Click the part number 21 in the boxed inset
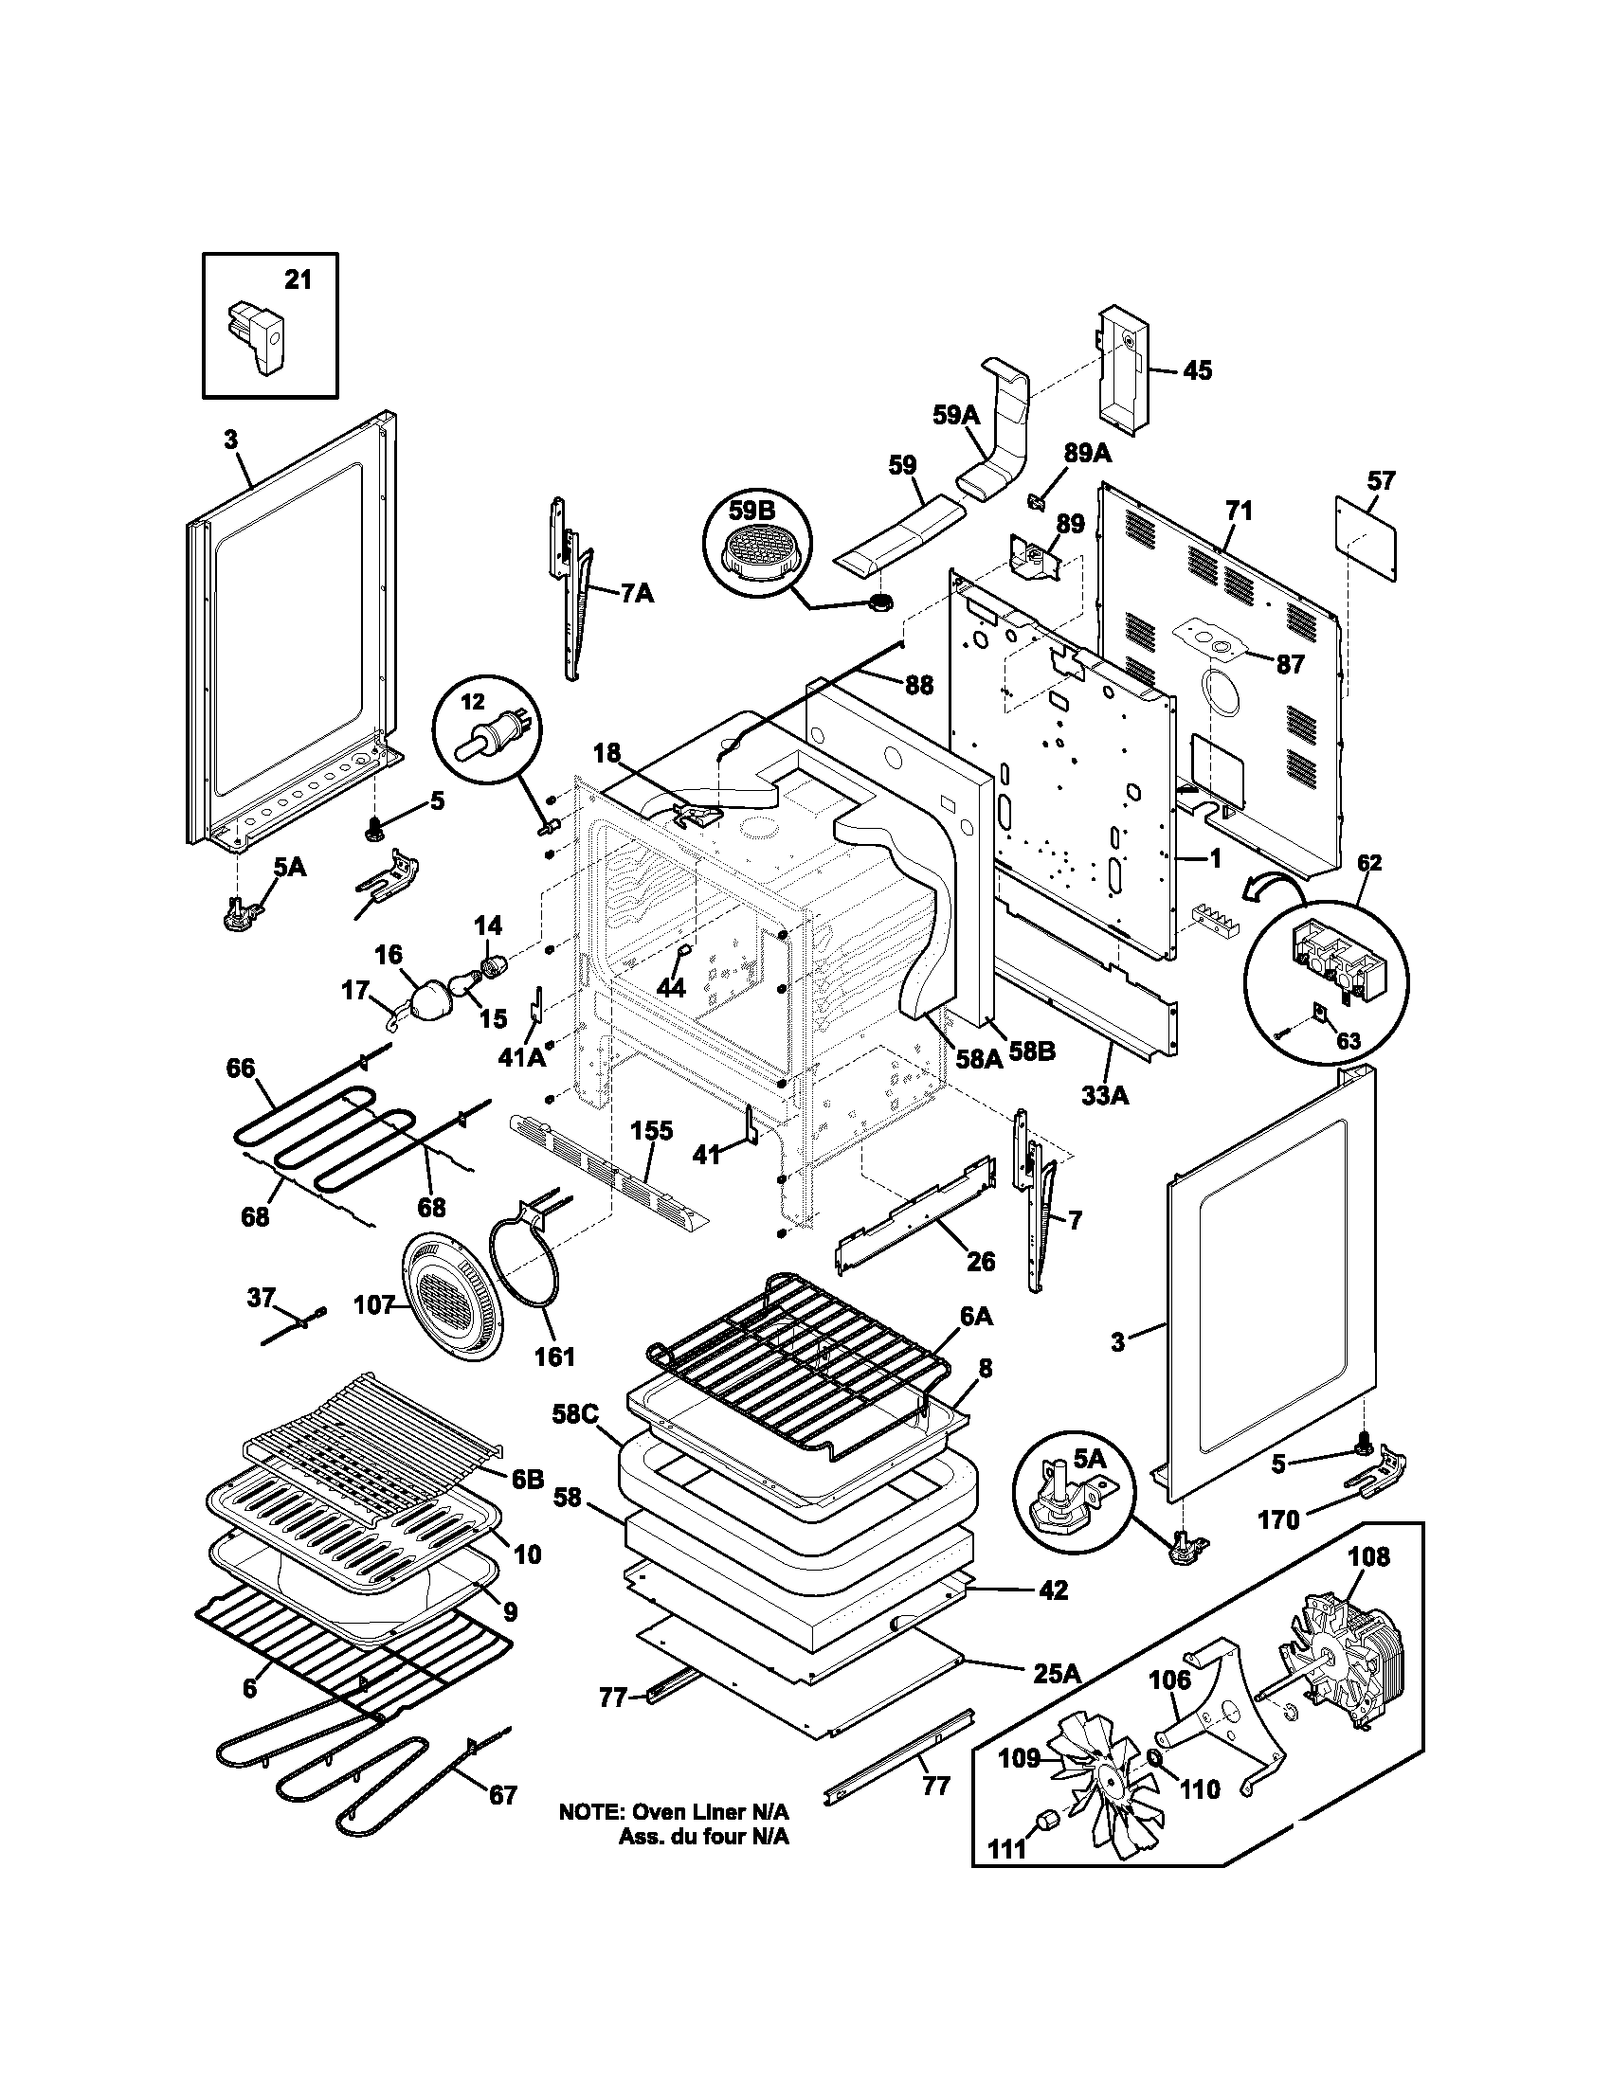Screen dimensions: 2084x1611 (298, 280)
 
